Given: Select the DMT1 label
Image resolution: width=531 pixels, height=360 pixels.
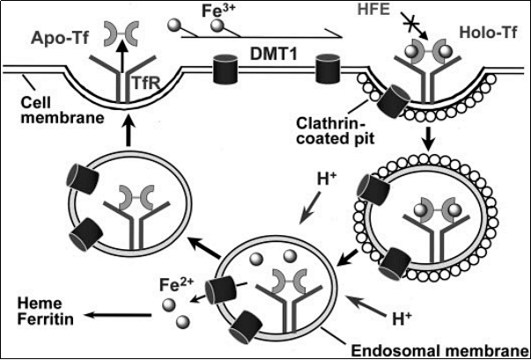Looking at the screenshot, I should pyautogui.click(x=273, y=54).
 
